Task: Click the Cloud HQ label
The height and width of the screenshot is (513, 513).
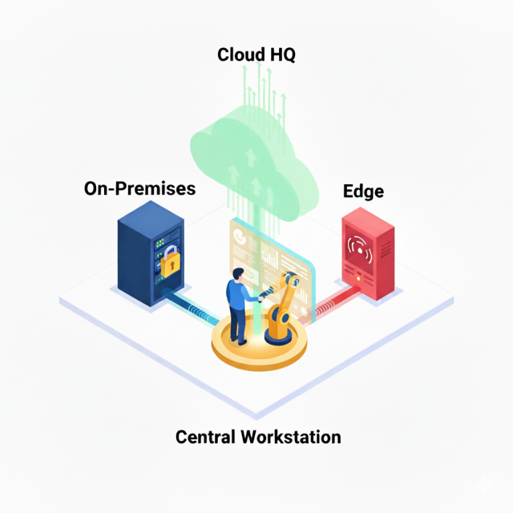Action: coord(256,55)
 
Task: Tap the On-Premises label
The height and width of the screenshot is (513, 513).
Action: coord(139,189)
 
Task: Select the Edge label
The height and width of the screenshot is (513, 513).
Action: coord(363,192)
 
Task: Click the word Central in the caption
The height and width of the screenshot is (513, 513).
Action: coord(204,437)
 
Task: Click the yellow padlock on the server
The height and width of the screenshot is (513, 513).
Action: coord(169,262)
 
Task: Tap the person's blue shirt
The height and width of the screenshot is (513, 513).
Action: coord(236,296)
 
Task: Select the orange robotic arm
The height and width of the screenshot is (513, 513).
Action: coord(282,301)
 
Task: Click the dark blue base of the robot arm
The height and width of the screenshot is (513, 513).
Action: coord(277,335)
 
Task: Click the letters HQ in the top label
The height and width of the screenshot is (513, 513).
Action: coord(281,55)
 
